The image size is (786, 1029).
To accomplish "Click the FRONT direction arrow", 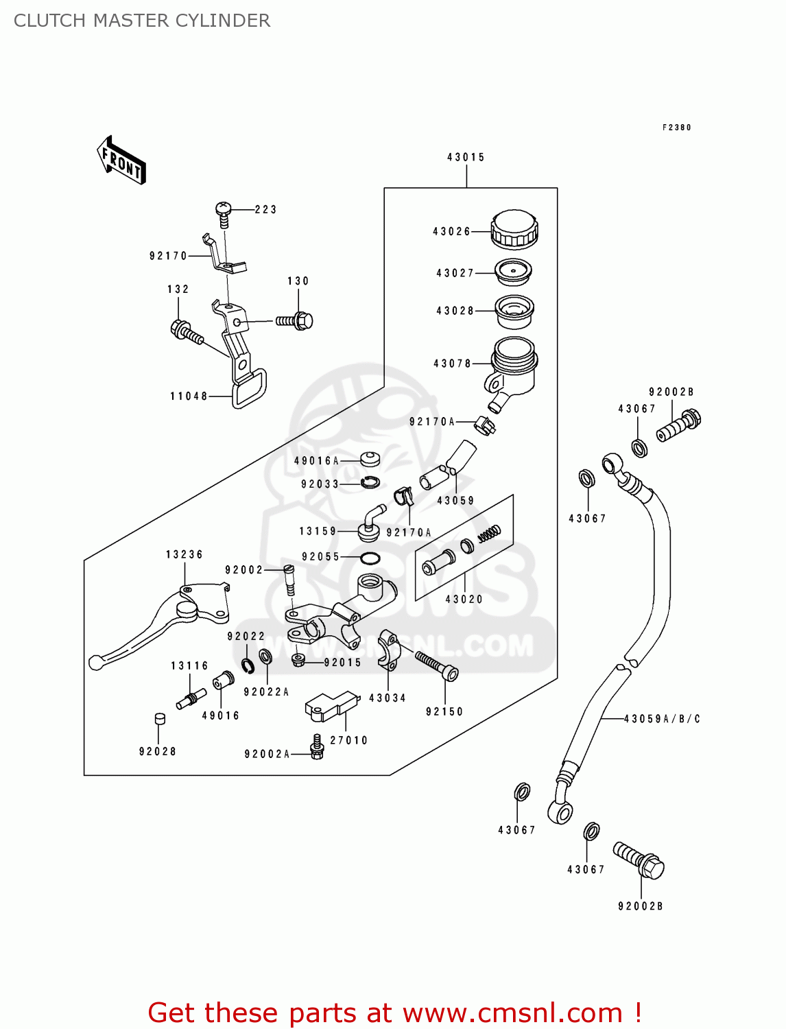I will pos(121,160).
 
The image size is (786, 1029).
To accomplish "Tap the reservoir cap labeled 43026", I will pos(514,229).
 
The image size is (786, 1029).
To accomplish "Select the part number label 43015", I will pos(466,157).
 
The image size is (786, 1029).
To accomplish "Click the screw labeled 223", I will pos(224,213).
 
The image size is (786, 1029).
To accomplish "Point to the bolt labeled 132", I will pos(186,332).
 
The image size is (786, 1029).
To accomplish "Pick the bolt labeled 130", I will pos(296,320).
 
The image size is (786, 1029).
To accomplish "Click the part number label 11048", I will pos(189,396).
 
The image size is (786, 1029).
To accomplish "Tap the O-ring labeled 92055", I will pos(370,558).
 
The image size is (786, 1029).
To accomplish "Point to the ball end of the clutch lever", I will pos(95,663).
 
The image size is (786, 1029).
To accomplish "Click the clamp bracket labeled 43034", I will pos(388,649).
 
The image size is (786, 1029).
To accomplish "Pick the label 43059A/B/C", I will pos(662,719).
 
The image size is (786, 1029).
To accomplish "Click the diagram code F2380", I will pos(676,128).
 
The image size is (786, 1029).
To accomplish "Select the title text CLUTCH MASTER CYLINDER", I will pos(142,21).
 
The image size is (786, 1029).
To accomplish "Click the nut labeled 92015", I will pos(298,660).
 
